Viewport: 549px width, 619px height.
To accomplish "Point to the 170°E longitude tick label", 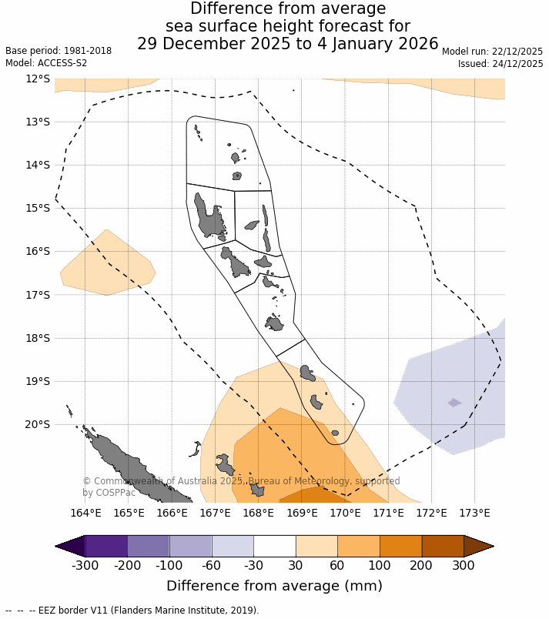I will (346, 514).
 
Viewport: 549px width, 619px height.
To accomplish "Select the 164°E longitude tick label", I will (86, 514).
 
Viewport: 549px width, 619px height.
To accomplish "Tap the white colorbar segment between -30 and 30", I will (275, 546).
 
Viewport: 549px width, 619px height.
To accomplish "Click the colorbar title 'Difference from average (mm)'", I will (274, 586).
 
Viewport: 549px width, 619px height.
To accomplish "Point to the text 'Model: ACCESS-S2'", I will (46, 63).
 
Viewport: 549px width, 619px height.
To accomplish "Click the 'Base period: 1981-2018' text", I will (59, 51).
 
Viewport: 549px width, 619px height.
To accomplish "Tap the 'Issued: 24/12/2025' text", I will (500, 64).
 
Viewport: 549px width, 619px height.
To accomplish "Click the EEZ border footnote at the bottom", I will (132, 611).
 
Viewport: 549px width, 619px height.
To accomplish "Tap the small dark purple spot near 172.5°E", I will (454, 403).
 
